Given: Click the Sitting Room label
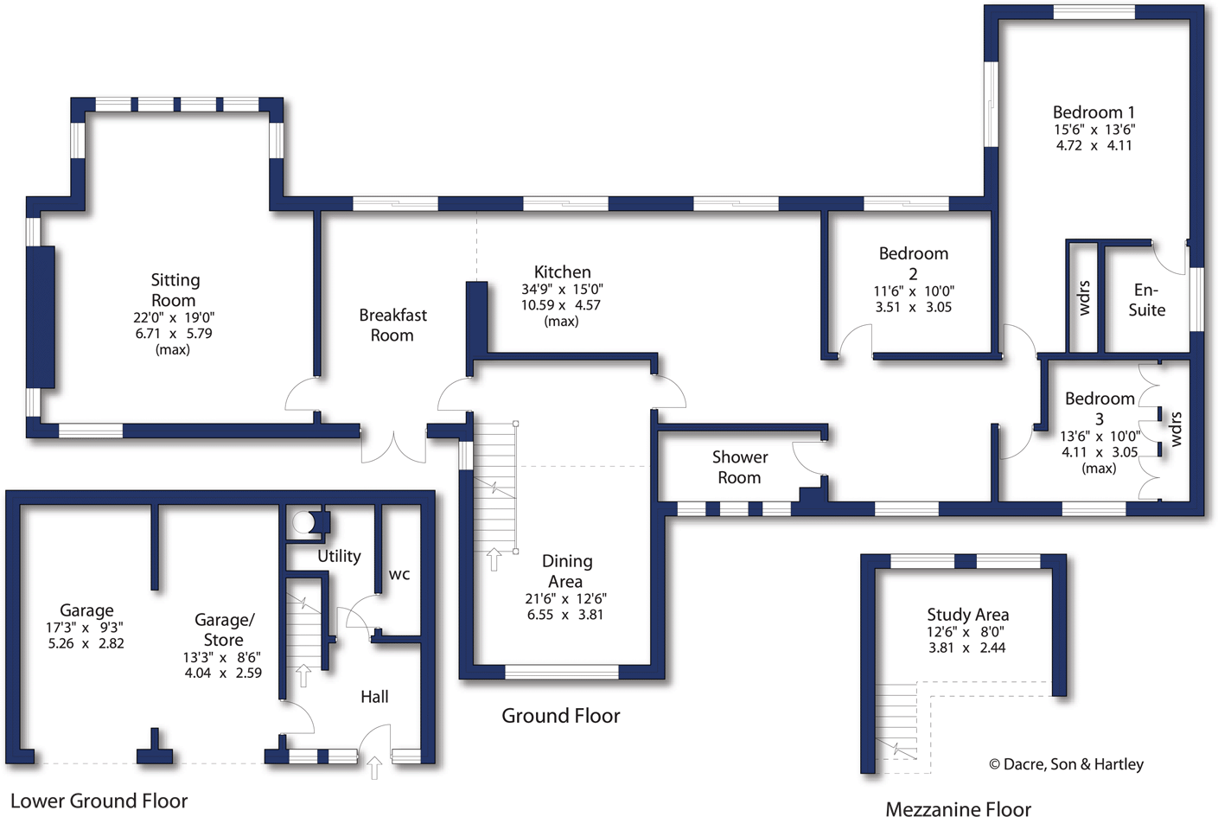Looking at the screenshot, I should point(175,290).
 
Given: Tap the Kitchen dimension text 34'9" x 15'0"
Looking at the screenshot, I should point(562,290).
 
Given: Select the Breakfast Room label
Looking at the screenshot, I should point(392,325).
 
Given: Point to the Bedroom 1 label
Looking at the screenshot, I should point(1094,112).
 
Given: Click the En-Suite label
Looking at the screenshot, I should point(1146,300).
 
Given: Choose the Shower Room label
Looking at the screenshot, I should point(739,467).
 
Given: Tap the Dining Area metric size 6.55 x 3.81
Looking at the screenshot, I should point(565,615).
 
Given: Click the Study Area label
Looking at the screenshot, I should point(967,615).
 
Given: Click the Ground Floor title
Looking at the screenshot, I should point(560,716).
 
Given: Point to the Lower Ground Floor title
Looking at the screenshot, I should point(99,801).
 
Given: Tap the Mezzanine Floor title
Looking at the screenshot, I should point(958,809).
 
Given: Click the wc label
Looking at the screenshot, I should point(399,574).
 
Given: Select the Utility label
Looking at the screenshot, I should point(339,556).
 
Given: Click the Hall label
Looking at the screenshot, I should point(374,697).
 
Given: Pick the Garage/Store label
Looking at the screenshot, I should point(223,629).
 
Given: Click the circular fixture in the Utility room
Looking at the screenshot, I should point(303,522).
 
